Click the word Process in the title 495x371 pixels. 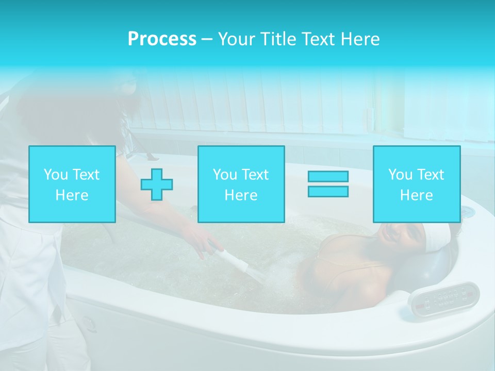162,39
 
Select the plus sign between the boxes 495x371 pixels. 157,184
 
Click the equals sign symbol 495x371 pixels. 328,184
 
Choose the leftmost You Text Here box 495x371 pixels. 72,184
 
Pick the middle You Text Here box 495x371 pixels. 241,184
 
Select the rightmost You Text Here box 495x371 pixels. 417,184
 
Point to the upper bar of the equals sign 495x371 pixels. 328,177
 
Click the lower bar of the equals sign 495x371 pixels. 328,191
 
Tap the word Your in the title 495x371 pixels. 235,39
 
